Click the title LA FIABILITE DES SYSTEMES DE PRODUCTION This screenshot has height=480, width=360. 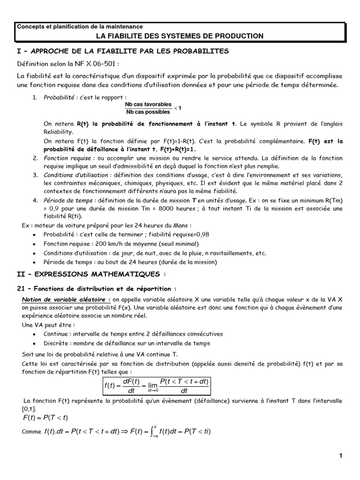click(x=180, y=36)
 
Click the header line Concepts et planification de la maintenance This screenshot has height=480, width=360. click(x=80, y=27)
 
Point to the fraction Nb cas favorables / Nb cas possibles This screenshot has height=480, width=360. click(x=148, y=108)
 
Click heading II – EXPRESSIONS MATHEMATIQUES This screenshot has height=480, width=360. click(x=91, y=273)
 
